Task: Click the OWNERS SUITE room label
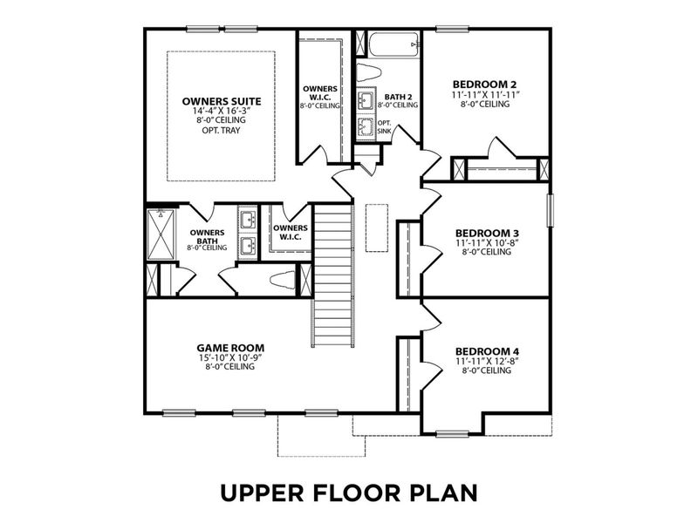(x=222, y=101)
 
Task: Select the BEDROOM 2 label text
(x=486, y=84)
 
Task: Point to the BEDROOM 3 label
(x=487, y=233)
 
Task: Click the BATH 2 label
(x=398, y=96)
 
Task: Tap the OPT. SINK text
(x=384, y=126)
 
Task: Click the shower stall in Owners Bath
(x=160, y=234)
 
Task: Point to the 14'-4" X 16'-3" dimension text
(x=222, y=112)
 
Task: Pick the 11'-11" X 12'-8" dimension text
(x=487, y=361)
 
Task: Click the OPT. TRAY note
(x=222, y=132)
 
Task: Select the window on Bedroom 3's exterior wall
(x=550, y=210)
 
